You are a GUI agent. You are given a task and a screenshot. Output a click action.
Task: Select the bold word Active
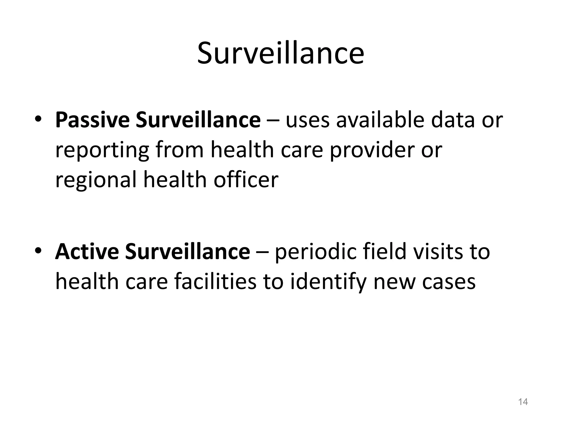[87, 252]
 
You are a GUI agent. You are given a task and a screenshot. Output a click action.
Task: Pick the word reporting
[102, 151]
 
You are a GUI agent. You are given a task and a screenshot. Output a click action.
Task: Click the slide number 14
[523, 402]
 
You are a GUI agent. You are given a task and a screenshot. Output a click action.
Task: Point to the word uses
[307, 121]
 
